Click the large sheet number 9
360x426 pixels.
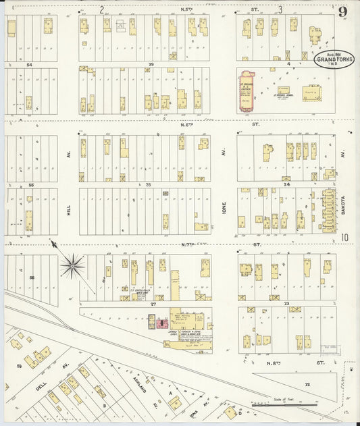point(344,11)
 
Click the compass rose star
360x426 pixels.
point(72,265)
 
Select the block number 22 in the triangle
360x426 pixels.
point(307,383)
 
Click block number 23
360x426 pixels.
point(286,303)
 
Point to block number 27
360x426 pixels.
point(153,304)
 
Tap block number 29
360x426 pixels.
point(151,64)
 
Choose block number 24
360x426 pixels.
point(286,184)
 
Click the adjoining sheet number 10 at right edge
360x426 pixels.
point(344,237)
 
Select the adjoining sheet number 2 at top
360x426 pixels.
point(102,9)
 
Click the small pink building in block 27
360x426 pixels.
point(161,323)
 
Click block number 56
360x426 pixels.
point(31,277)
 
